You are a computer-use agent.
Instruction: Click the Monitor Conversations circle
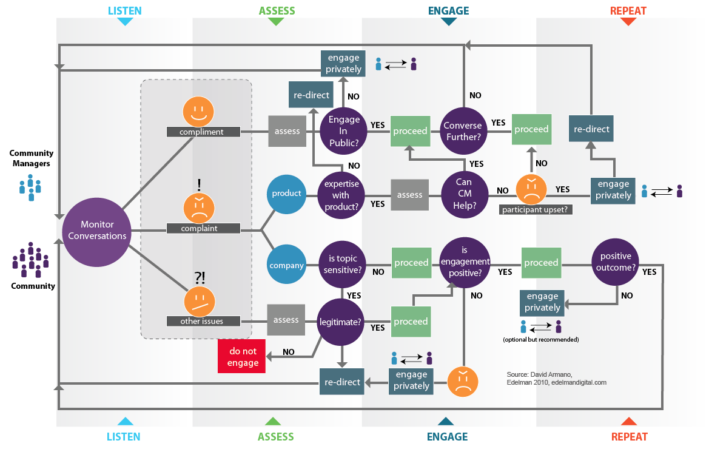pyautogui.click(x=97, y=231)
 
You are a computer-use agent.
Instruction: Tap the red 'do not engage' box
pyautogui.click(x=243, y=357)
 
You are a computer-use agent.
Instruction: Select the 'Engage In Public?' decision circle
pyautogui.click(x=344, y=131)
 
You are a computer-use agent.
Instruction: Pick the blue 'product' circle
pyautogui.click(x=286, y=194)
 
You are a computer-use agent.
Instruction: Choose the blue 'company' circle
pyautogui.click(x=286, y=265)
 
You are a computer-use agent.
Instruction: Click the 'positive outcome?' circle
pyautogui.click(x=616, y=262)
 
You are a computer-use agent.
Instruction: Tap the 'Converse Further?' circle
pyautogui.click(x=463, y=131)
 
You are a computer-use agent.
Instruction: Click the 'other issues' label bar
pyautogui.click(x=202, y=321)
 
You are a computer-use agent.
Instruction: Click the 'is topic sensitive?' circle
pyautogui.click(x=343, y=265)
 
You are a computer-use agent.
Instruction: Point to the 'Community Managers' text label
pyautogui.click(x=32, y=158)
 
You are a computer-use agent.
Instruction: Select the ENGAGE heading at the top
pyautogui.click(x=448, y=10)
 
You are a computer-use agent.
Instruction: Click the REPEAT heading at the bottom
pyautogui.click(x=629, y=436)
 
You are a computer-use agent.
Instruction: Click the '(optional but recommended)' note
pyautogui.click(x=540, y=339)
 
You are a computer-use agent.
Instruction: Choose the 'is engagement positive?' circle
pyautogui.click(x=465, y=262)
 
